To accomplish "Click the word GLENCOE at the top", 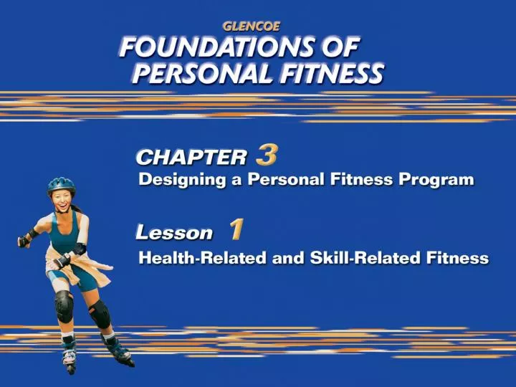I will [251, 26].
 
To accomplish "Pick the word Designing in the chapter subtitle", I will [183, 181].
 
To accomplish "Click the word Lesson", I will [175, 233].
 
